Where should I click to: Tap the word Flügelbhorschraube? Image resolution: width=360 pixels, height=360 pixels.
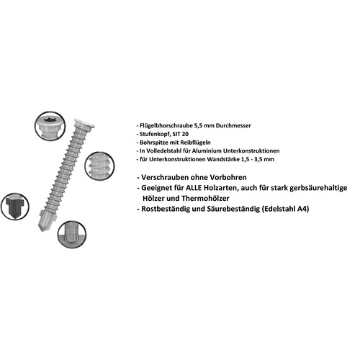(167, 124)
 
